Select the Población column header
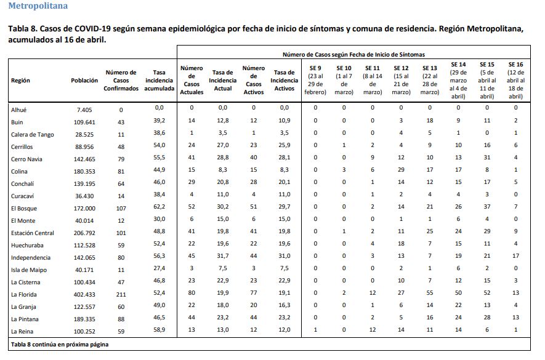pyautogui.click(x=84, y=81)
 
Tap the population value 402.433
pyautogui.click(x=84, y=295)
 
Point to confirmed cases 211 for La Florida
pyautogui.click(x=121, y=295)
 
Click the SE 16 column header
pyautogui.click(x=516, y=81)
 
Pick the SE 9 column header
pyautogui.click(x=315, y=81)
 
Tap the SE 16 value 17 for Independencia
pyautogui.click(x=516, y=258)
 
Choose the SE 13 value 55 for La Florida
pyautogui.click(x=430, y=295)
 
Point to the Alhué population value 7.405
pyautogui.click(x=84, y=110)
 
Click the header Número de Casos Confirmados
pyautogui.click(x=121, y=81)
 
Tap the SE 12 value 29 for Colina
pyautogui.click(x=401, y=172)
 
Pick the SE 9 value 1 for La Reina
pyautogui.click(x=315, y=332)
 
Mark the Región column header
pyautogui.click(x=20, y=81)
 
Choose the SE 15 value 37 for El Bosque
pyautogui.click(x=487, y=209)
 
